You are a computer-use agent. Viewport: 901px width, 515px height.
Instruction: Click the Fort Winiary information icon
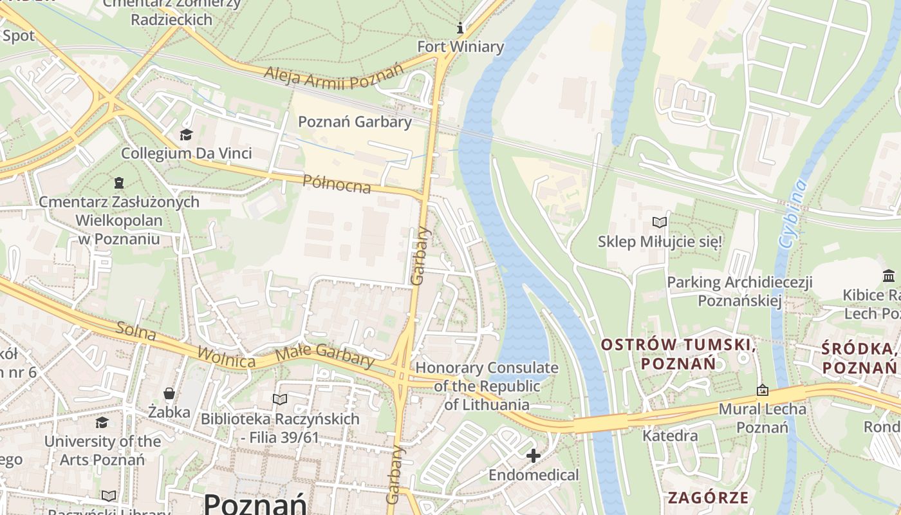coord(460,28)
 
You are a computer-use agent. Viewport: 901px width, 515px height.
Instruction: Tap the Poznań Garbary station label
coord(355,122)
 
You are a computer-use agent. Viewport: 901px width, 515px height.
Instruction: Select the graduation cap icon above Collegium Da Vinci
coord(186,135)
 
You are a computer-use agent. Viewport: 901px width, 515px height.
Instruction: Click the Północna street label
coord(337,183)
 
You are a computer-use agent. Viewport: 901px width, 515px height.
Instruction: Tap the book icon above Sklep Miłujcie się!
coord(660,223)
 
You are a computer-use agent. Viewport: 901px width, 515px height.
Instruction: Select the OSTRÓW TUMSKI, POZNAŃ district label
coord(678,353)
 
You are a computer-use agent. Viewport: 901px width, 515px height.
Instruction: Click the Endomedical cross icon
coord(533,456)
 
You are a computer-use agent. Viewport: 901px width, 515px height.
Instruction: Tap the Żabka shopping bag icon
coord(169,393)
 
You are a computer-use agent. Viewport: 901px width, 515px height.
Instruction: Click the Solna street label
coord(136,330)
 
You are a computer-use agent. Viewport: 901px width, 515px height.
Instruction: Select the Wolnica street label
coord(226,357)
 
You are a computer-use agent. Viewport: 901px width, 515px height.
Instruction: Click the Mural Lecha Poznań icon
coord(763,390)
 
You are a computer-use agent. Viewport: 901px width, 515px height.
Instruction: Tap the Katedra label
coord(670,436)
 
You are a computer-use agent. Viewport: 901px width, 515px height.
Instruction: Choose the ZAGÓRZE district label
coord(708,497)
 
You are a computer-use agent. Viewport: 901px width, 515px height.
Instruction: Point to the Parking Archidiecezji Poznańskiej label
coord(739,291)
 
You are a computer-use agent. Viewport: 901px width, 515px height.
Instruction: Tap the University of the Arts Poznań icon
coord(102,422)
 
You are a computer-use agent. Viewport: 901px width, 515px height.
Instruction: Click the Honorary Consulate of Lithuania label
coord(487,386)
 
